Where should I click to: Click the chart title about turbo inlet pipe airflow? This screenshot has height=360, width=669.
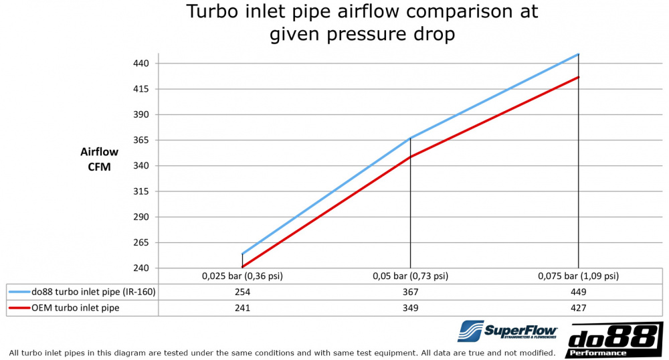pos(362,23)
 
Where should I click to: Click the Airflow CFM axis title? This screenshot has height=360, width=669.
pos(99,159)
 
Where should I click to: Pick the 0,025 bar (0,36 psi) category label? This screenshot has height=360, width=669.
pos(242,276)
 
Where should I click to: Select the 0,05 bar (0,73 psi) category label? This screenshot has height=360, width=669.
pos(410,276)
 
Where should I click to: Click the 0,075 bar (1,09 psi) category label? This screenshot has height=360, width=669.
pos(578,276)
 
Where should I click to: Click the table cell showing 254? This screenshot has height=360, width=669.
pos(242,292)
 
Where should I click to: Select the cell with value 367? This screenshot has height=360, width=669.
pos(410,292)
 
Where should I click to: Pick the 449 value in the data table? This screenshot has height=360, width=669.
pos(578,292)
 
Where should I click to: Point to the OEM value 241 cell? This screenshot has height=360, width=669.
pos(242,308)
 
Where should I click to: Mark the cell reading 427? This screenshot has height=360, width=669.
pos(578,308)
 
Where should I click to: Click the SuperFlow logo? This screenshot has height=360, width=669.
pos(508,331)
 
